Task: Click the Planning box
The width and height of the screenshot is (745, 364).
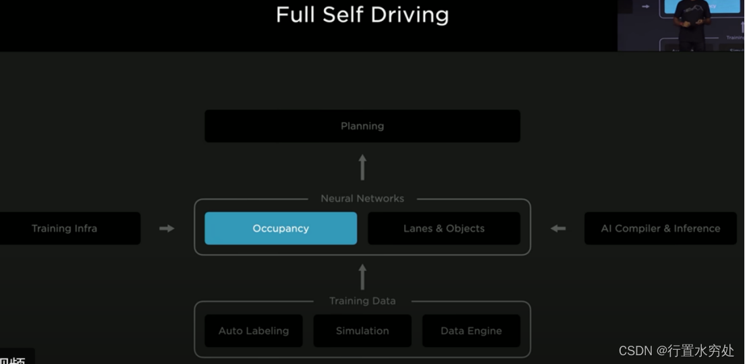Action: (x=362, y=126)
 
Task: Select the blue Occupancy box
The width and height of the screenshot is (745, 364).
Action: (x=281, y=228)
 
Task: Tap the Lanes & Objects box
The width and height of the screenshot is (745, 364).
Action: (x=443, y=228)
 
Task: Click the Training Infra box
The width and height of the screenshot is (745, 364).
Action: (x=65, y=228)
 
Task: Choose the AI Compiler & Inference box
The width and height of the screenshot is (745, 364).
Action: (x=661, y=228)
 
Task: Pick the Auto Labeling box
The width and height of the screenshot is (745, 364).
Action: (x=254, y=331)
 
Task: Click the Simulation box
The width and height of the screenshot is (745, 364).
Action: (x=362, y=331)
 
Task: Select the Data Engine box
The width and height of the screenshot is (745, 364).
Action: (x=471, y=331)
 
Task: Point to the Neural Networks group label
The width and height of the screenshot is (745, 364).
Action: (x=362, y=199)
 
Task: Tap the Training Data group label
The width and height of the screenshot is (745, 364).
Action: (x=362, y=301)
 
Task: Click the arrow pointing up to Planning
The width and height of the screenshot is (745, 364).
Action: (x=362, y=167)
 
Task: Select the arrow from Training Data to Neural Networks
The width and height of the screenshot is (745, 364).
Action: (x=362, y=277)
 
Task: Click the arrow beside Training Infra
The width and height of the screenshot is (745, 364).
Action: (x=167, y=228)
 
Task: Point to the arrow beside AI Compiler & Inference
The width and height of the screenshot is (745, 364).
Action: (x=558, y=228)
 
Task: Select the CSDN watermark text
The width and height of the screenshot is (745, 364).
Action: (x=676, y=350)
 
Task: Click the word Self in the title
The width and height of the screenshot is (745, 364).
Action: (x=343, y=15)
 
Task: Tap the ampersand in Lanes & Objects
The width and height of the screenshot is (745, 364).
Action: (x=439, y=228)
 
